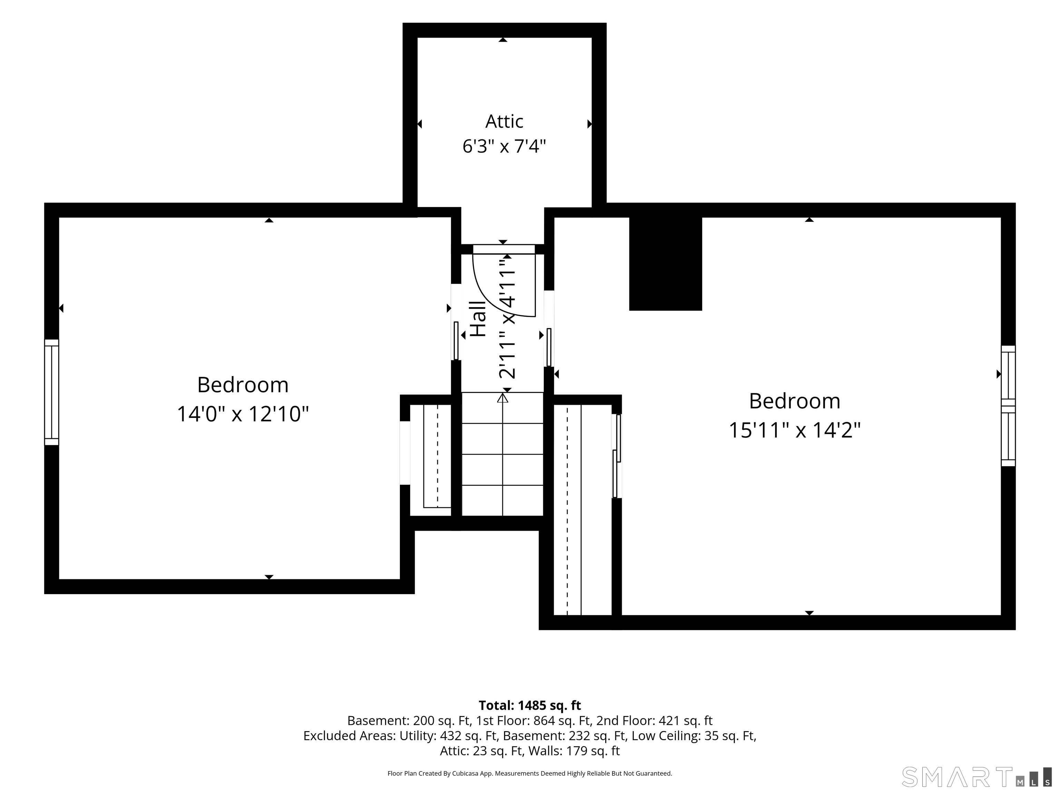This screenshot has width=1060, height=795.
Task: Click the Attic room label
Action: coord(504,122)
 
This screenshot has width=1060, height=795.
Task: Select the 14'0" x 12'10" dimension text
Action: coord(243,414)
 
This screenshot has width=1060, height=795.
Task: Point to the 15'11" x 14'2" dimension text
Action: coord(795,430)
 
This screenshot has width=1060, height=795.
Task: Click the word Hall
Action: coord(478,319)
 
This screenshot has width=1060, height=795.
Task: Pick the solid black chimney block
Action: coord(665,264)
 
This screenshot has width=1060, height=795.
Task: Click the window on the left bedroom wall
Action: coord(52,392)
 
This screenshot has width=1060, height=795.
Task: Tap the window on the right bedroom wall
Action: coord(1008,406)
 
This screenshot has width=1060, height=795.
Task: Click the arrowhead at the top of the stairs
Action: coord(503,397)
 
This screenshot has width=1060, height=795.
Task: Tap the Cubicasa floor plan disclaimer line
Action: coord(530,774)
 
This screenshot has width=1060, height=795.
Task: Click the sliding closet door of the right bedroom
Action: coord(617,456)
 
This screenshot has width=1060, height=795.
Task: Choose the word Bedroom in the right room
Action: coord(795,401)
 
